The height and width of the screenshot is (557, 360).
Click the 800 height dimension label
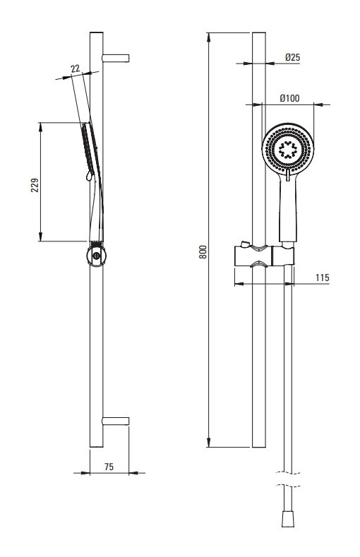pyautogui.click(x=203, y=251)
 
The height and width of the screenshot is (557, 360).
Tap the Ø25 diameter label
pyautogui.click(x=292, y=57)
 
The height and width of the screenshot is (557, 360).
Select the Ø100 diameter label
pyautogui.click(x=289, y=98)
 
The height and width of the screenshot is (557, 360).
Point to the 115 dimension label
pyautogui.click(x=323, y=277)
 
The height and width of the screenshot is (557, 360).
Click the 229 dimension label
pyautogui.click(x=35, y=185)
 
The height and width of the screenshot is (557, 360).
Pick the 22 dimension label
pyautogui.click(x=75, y=69)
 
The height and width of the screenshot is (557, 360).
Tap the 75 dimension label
pyautogui.click(x=109, y=467)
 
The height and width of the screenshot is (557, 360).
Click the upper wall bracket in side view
pyautogui.click(x=116, y=59)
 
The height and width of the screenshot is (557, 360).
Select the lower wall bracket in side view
pyautogui.click(x=116, y=421)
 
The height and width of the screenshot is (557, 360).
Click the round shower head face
pyautogui.click(x=288, y=150)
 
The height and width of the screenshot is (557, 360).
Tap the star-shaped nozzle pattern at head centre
pyautogui.click(x=287, y=150)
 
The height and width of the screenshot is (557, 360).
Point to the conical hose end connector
pyautogui.click(x=287, y=519)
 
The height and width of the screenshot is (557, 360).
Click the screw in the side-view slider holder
pyautogui.click(x=97, y=255)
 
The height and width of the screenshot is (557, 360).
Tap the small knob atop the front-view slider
pyautogui.click(x=244, y=244)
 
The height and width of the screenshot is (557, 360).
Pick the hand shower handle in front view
pyautogui.click(x=288, y=209)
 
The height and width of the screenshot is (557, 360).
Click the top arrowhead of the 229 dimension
pyautogui.click(x=40, y=128)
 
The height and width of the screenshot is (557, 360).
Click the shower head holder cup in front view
pyautogui.click(x=283, y=255)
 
